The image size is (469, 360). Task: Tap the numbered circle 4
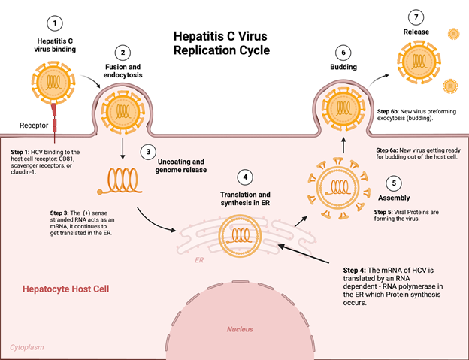(x=244, y=177)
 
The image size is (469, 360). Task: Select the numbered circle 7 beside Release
(x=411, y=16)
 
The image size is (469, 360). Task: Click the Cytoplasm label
(x=29, y=347)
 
